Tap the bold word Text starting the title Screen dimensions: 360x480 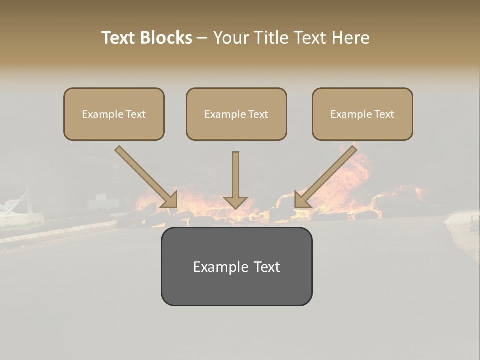click(119, 38)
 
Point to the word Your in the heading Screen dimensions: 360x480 click(231, 38)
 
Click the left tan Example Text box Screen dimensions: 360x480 click(114, 114)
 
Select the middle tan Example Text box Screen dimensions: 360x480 click(236, 114)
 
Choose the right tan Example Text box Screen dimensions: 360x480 click(362, 114)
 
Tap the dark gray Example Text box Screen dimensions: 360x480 click(236, 266)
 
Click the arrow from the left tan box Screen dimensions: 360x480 click(145, 175)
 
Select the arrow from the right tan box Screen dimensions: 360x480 click(327, 175)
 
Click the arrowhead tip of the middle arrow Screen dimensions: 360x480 click(235, 207)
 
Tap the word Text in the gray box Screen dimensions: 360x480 click(266, 267)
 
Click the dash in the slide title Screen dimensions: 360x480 click(202, 38)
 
